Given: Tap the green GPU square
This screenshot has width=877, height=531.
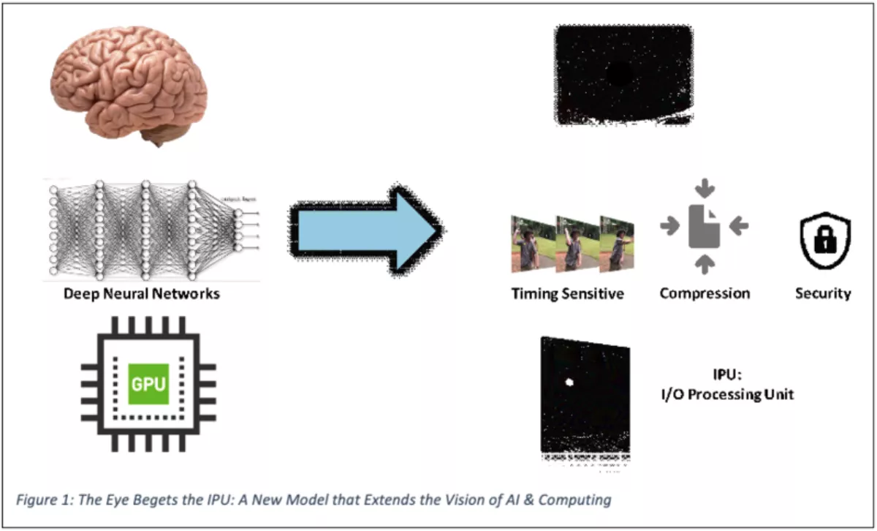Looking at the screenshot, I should click(x=148, y=384).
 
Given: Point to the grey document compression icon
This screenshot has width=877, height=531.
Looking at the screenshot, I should click(x=705, y=227).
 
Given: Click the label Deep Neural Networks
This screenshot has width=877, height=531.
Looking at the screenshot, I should click(x=141, y=295).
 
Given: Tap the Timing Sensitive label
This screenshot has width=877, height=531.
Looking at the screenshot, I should click(x=567, y=294).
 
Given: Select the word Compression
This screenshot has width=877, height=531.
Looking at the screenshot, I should click(x=705, y=293).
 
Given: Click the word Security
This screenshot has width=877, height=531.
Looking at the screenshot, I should click(x=823, y=293).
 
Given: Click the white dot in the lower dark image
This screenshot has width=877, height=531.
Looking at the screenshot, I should click(x=570, y=382).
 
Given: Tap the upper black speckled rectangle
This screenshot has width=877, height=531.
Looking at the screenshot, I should click(x=623, y=73).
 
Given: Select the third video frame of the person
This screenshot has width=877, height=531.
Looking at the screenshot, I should click(x=617, y=244).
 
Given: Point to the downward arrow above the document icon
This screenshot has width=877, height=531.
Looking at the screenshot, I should click(x=705, y=189).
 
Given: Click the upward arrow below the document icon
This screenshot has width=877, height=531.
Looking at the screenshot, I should click(x=705, y=264).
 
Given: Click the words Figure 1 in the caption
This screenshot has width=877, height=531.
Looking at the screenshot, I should click(x=43, y=500).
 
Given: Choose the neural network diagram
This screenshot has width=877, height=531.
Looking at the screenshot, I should click(x=152, y=228).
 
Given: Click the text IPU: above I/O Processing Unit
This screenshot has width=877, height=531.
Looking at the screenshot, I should click(x=728, y=376).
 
